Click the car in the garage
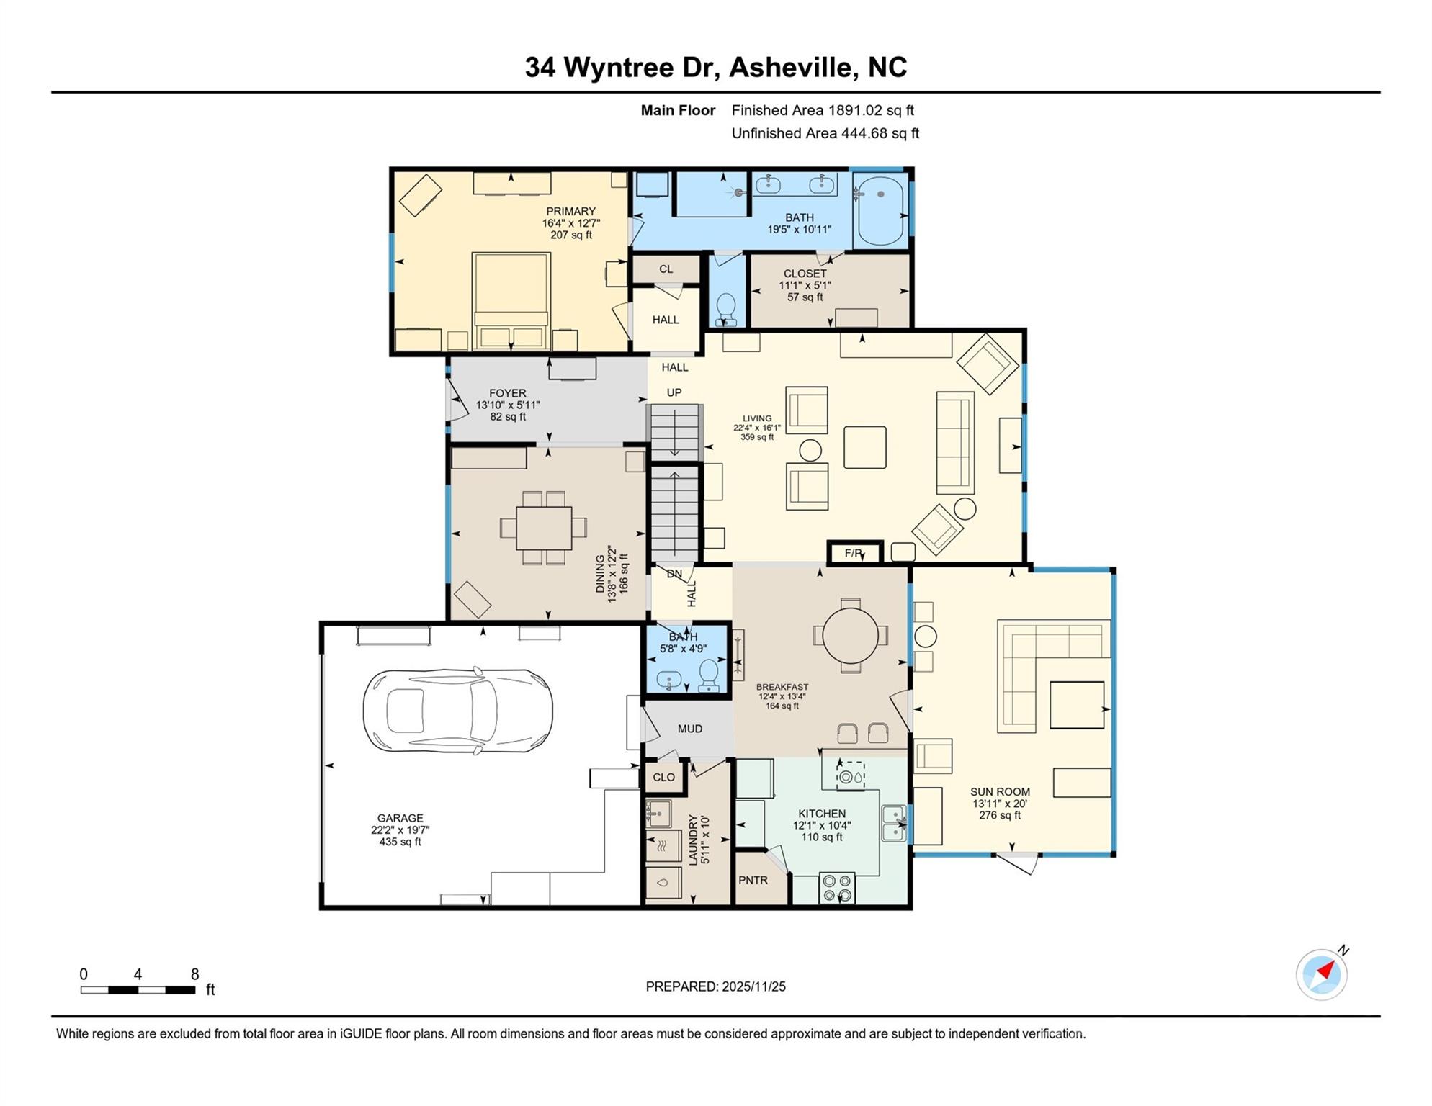click(457, 711)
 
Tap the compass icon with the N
click(1322, 975)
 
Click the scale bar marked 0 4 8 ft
click(138, 990)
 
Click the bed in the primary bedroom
click(511, 301)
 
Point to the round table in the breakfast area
click(851, 636)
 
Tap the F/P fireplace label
click(854, 553)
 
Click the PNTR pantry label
click(753, 881)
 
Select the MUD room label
click(690, 729)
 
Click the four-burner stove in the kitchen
click(837, 888)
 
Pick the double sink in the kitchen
click(893, 823)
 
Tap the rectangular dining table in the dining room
click(544, 528)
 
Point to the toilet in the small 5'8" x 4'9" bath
click(709, 676)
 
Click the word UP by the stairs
click(674, 392)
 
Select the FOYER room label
click(508, 393)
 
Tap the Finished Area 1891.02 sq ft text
click(823, 110)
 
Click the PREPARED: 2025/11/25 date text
click(715, 986)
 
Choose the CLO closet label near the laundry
click(663, 778)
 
